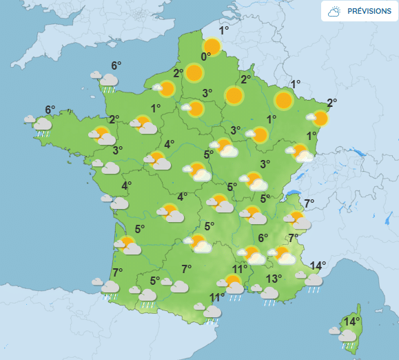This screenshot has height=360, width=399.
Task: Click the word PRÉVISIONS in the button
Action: (369, 11)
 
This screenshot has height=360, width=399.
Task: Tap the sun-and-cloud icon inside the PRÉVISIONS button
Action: (334, 11)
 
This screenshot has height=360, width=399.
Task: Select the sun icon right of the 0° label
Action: (212, 48)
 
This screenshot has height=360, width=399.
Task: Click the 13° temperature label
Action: (274, 279)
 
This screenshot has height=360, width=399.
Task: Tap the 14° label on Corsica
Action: (351, 321)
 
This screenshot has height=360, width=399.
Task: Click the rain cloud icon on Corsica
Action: (347, 337)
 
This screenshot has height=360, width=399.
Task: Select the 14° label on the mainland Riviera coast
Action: (318, 266)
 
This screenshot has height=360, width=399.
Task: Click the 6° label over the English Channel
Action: (116, 66)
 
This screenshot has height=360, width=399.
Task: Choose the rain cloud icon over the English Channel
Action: (107, 81)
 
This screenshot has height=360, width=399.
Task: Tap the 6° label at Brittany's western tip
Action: (50, 110)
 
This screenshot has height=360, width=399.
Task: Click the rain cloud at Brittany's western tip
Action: (41, 125)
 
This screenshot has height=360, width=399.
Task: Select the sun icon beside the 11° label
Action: (233, 281)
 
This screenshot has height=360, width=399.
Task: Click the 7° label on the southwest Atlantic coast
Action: (117, 271)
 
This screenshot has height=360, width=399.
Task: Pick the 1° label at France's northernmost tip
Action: (224, 30)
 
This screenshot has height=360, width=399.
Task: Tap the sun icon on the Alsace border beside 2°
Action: (320, 118)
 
